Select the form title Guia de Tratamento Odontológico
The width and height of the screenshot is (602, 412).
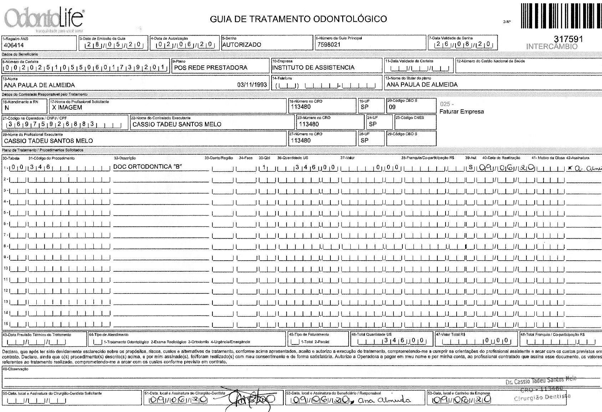click(x=298, y=19)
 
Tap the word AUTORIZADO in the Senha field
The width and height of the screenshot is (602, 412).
click(x=242, y=45)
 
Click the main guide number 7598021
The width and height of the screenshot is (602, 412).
click(x=328, y=45)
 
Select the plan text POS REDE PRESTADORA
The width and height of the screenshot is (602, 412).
click(x=211, y=67)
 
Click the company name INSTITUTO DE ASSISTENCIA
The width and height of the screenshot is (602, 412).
click(x=313, y=67)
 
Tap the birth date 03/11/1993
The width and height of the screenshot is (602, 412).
click(x=252, y=85)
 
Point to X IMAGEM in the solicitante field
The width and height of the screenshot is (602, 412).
click(x=67, y=107)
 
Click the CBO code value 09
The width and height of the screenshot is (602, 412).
click(x=392, y=107)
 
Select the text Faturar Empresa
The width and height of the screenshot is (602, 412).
click(x=462, y=112)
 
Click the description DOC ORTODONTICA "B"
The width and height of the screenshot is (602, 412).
click(x=148, y=167)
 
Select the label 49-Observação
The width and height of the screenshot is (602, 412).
click(x=15, y=369)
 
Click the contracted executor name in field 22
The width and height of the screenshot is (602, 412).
click(x=177, y=124)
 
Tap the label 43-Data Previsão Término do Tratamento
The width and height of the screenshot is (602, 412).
click(x=37, y=335)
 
